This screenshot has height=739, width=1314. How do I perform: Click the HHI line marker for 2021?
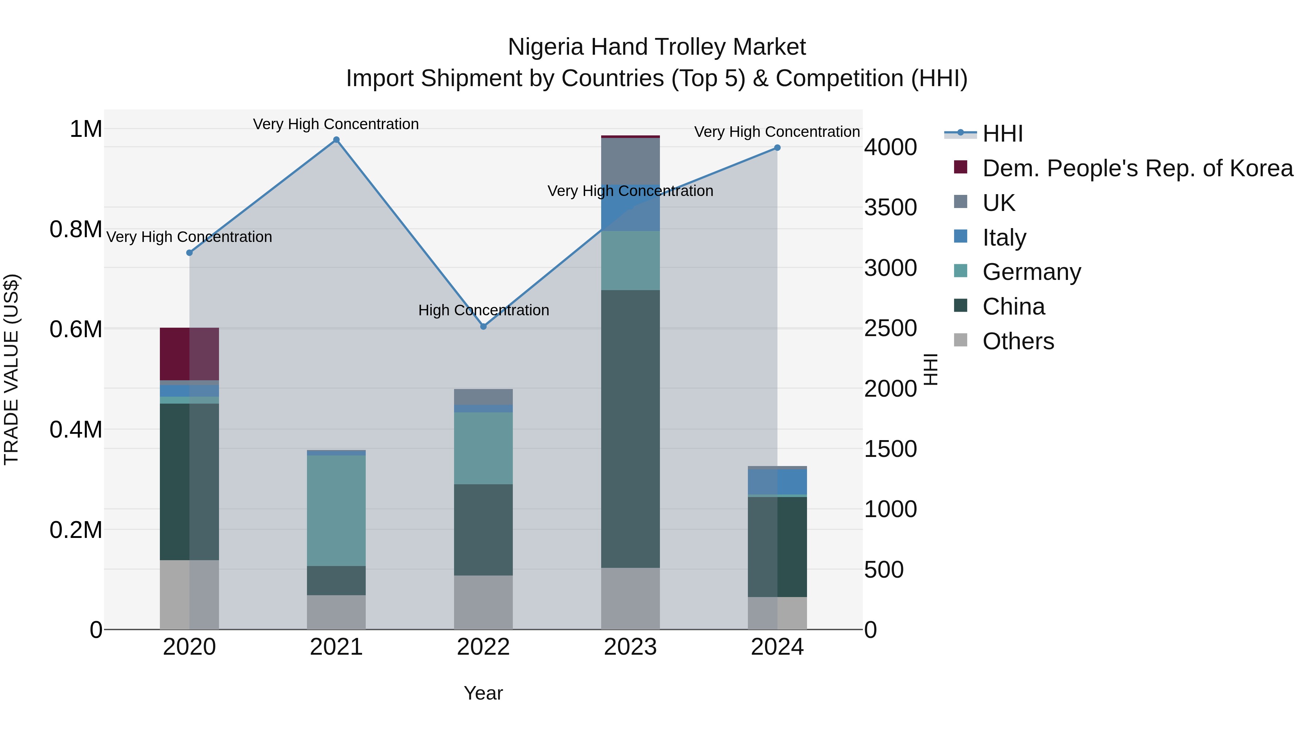[336, 140]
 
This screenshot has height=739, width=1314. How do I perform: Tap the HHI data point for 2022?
[484, 326]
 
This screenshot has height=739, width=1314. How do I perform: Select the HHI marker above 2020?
[189, 253]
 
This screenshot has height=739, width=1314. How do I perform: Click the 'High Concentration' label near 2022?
[484, 310]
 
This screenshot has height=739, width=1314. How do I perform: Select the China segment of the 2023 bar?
[630, 428]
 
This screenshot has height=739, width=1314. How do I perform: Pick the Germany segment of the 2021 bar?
[336, 510]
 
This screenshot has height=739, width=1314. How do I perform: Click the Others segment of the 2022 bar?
[484, 602]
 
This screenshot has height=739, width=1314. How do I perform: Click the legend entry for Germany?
[1031, 272]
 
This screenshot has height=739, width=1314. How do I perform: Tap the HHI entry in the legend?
[1002, 134]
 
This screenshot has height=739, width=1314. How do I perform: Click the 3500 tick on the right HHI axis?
[891, 208]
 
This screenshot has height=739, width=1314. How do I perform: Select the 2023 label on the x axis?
[630, 647]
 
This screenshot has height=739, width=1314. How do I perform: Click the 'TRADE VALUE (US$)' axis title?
[11, 369]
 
